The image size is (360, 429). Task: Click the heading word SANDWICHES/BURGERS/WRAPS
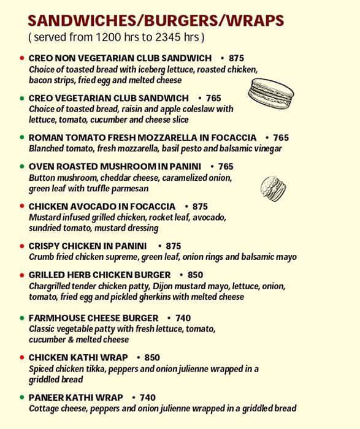[155, 21]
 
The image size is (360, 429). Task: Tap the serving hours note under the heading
[116, 37]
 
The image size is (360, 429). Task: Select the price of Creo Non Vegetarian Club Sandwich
[236, 58]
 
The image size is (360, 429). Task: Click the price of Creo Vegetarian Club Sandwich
[213, 98]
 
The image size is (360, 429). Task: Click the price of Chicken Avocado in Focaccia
[200, 207]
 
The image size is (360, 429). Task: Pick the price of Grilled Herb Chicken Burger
[195, 275]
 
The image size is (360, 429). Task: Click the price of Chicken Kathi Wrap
[151, 357]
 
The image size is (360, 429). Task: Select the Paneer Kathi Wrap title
[76, 397]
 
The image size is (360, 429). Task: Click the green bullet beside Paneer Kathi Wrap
[21, 398]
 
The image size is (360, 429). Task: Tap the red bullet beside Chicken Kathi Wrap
[21, 358]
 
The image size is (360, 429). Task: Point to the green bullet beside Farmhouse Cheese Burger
[21, 319]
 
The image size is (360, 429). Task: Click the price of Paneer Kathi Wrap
[148, 397]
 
